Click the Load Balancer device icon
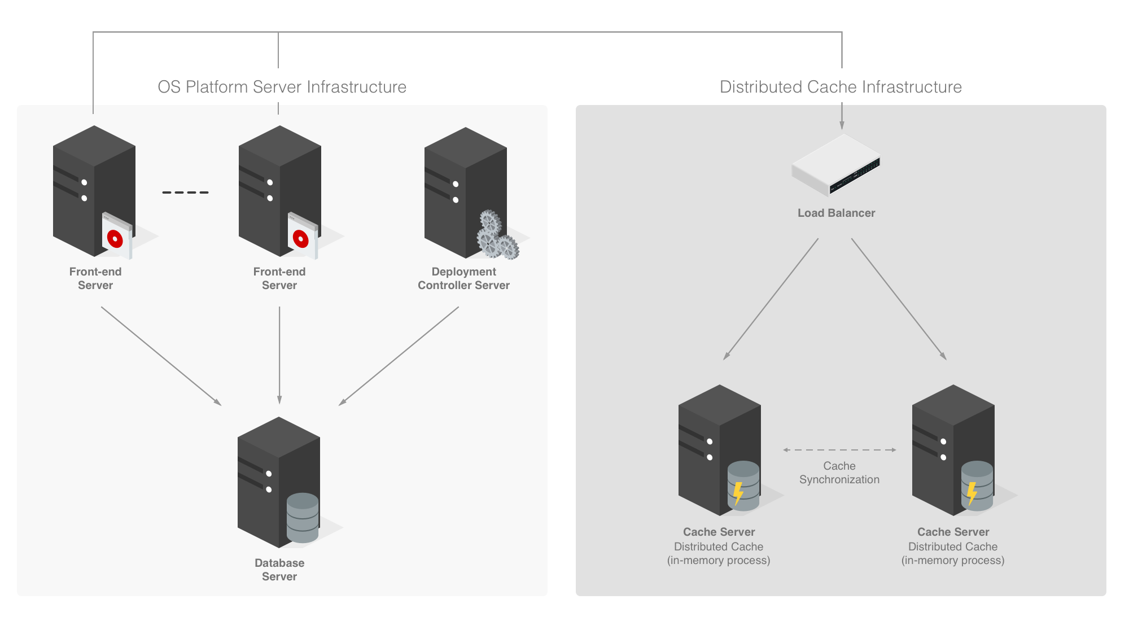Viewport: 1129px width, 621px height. pyautogui.click(x=836, y=165)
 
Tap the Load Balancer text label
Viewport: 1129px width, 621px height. pyautogui.click(x=836, y=213)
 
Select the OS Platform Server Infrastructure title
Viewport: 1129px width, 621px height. pyautogui.click(x=282, y=86)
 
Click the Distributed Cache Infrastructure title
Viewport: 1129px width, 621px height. pyautogui.click(x=840, y=86)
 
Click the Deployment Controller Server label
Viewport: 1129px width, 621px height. pyautogui.click(x=463, y=278)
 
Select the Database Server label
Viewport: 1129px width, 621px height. pyautogui.click(x=279, y=569)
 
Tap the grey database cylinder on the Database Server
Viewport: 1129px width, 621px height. pyautogui.click(x=303, y=518)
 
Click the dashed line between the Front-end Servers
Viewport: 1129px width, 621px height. pyautogui.click(x=185, y=193)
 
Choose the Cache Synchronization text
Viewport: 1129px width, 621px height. pyautogui.click(x=839, y=473)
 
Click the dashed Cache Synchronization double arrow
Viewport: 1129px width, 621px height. pyautogui.click(x=839, y=450)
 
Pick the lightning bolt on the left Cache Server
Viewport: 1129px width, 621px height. pyautogui.click(x=738, y=493)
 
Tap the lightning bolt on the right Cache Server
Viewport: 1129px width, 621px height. pyautogui.click(x=972, y=493)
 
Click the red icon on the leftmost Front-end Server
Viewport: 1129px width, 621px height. pyautogui.click(x=115, y=239)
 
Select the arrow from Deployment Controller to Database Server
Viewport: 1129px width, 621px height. pyautogui.click(x=399, y=356)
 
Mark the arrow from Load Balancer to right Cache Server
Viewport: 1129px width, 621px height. pyautogui.click(x=899, y=299)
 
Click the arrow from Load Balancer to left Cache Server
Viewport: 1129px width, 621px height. pyautogui.click(x=771, y=299)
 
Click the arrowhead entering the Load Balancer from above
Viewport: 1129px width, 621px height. pyautogui.click(x=842, y=125)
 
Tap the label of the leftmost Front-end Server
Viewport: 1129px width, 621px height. pyautogui.click(x=95, y=278)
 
